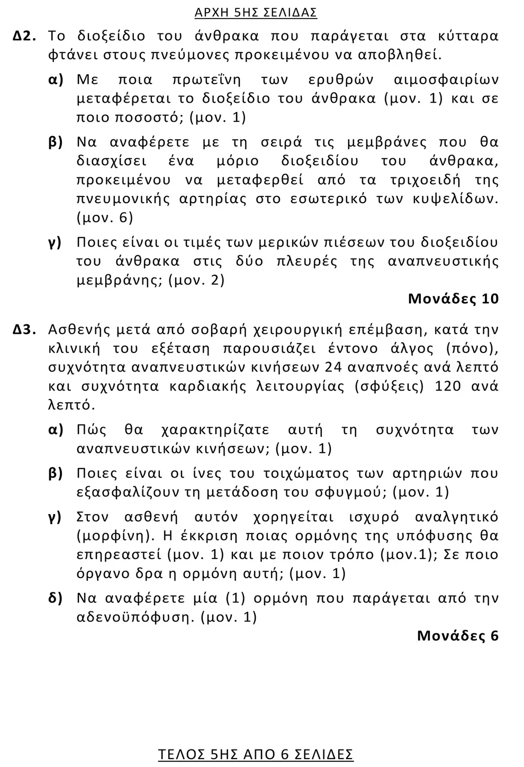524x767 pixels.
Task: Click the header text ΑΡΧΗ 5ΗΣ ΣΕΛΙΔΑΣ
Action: (x=256, y=12)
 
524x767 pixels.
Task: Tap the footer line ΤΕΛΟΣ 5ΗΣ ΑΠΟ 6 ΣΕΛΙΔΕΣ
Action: (x=256, y=754)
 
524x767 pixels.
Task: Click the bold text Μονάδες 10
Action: (x=453, y=299)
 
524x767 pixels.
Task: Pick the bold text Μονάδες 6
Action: (x=458, y=636)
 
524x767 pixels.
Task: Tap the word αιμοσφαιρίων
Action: (x=446, y=80)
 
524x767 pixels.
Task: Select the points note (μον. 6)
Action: (x=105, y=218)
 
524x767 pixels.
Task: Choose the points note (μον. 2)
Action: (x=196, y=280)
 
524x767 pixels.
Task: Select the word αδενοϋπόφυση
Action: (x=136, y=617)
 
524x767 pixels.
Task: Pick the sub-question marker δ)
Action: (x=56, y=598)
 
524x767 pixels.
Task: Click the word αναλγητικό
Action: (x=456, y=517)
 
